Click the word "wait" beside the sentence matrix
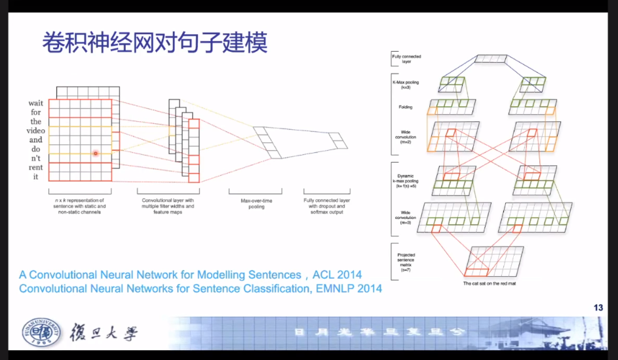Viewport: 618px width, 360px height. (x=35, y=103)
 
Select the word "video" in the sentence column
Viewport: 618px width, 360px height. (x=35, y=130)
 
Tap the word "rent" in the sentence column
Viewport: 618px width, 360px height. (x=35, y=167)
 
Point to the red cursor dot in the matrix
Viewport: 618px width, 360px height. (x=95, y=153)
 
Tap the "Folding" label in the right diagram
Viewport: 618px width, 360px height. (x=405, y=106)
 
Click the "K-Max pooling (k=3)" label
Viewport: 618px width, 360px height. (x=405, y=85)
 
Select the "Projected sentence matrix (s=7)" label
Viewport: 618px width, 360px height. (x=406, y=260)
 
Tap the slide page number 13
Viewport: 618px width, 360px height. (x=598, y=308)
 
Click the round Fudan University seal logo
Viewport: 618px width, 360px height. (x=41, y=334)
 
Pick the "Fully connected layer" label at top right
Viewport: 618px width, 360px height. (x=406, y=58)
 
